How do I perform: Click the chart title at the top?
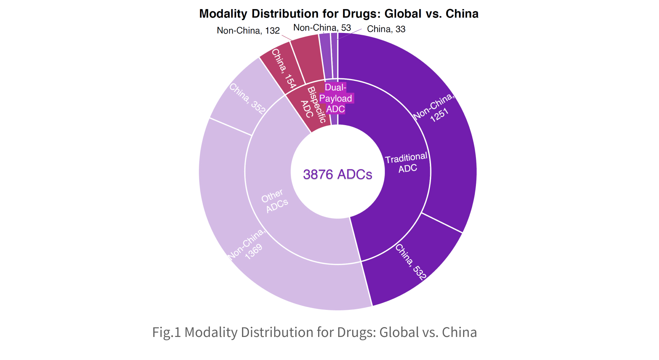pyautogui.click(x=339, y=14)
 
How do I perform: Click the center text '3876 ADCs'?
pyautogui.click(x=338, y=175)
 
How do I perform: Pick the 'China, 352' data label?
pyautogui.click(x=248, y=98)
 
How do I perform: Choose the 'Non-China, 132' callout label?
pyautogui.click(x=248, y=30)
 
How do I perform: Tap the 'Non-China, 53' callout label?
pyautogui.click(x=322, y=28)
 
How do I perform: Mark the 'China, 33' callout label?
pyautogui.click(x=386, y=29)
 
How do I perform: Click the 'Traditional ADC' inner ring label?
pyautogui.click(x=407, y=163)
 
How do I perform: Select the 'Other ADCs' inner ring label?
pyautogui.click(x=275, y=201)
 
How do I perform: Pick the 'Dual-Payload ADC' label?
pyautogui.click(x=335, y=98)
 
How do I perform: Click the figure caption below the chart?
pyautogui.click(x=314, y=332)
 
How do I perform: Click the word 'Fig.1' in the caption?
pyautogui.click(x=167, y=332)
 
